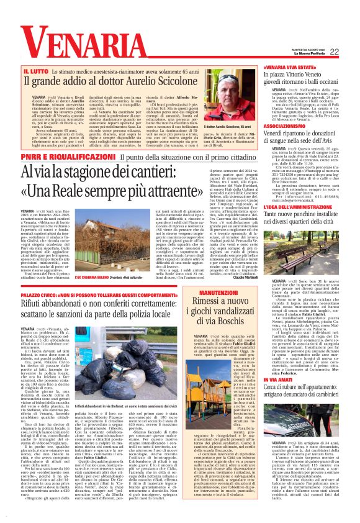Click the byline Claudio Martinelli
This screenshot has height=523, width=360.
click(x=232, y=276)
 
